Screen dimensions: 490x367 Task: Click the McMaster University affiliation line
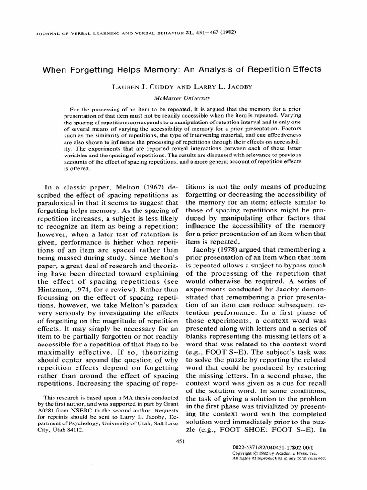click(x=184, y=98)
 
